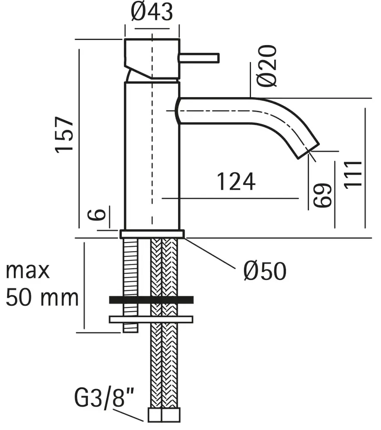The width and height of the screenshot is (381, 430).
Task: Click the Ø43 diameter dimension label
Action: coord(152,12)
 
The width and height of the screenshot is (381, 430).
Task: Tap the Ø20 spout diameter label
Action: coord(267,66)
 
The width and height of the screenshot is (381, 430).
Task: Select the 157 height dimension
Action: coord(64,135)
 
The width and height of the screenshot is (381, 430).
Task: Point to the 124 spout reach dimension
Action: coord(236,181)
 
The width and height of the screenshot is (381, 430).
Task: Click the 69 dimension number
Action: coord(322,195)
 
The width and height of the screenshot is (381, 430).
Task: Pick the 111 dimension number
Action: coord(353,175)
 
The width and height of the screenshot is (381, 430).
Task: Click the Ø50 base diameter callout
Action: coord(265,270)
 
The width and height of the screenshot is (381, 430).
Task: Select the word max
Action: coord(28,270)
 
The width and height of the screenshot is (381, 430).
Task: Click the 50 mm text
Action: coord(42,298)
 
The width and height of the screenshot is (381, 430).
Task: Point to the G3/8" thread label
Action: coord(104,397)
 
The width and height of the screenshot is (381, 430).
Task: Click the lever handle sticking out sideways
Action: coord(199,58)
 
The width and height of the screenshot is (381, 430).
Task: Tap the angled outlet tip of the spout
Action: coord(309,150)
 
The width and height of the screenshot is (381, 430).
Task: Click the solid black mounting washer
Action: coord(151,300)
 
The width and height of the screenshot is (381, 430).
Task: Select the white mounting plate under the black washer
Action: coord(151,319)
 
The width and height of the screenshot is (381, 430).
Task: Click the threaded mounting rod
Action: coord(130,285)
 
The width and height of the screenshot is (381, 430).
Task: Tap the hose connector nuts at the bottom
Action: coord(164,415)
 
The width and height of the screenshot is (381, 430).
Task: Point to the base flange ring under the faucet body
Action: coord(152,234)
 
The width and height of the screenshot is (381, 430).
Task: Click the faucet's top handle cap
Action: coord(152,58)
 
